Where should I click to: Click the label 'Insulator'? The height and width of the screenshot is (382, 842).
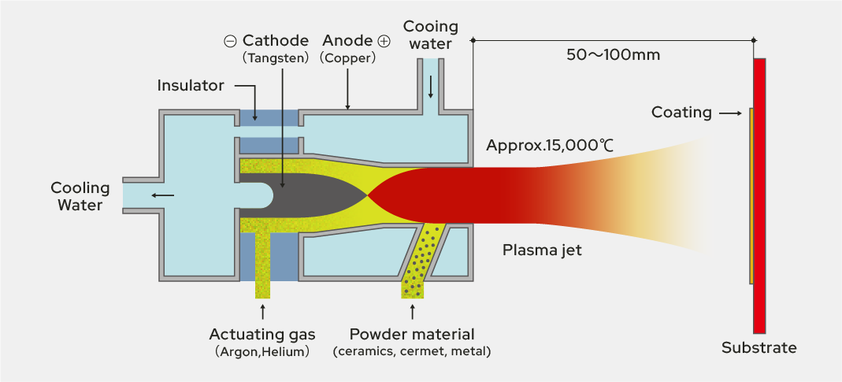[x=191, y=85]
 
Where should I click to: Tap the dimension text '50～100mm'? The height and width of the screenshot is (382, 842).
[x=613, y=55]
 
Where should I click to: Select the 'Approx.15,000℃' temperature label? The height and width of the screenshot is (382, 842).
[x=551, y=146]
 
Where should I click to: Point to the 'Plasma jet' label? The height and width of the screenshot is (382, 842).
[x=543, y=250]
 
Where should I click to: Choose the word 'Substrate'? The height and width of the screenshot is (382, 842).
[x=759, y=347]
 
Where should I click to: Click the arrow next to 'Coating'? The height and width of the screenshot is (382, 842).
[x=731, y=113]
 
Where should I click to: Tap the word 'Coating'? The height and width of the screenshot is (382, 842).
[x=681, y=113]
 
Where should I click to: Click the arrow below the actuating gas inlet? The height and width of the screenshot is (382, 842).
[x=262, y=311]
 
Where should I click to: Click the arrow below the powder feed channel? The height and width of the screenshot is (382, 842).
[x=413, y=311]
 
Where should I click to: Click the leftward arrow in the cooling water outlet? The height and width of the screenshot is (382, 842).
[x=164, y=195]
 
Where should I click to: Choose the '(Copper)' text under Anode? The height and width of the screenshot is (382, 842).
[x=347, y=57]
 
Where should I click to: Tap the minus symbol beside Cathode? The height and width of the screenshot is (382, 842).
[x=230, y=41]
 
